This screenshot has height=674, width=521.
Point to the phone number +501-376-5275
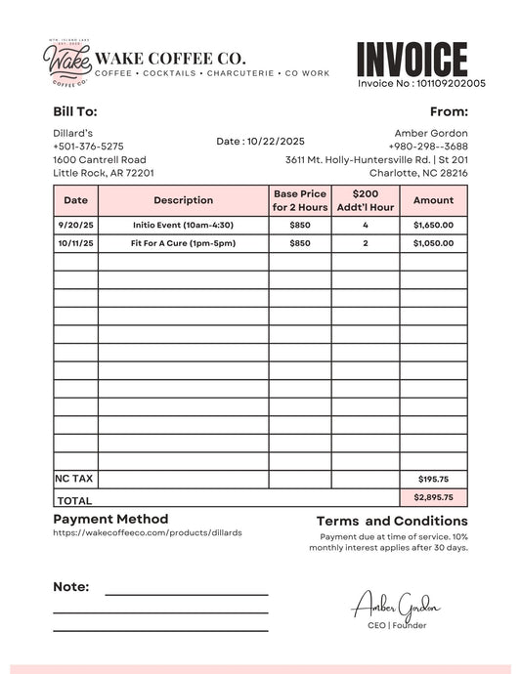tap(88, 147)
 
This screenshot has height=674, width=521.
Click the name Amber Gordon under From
tap(430, 133)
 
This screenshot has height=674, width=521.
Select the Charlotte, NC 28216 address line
tap(417, 173)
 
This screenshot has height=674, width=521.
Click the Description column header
tap(183, 200)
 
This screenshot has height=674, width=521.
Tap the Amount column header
tap(433, 200)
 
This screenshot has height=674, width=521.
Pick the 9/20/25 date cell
tap(75, 225)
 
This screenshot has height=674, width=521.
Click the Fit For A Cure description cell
tap(183, 243)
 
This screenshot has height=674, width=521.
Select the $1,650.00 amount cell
tap(433, 225)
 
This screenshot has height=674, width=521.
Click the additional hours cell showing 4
tap(365, 225)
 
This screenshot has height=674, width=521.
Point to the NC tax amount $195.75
tap(433, 480)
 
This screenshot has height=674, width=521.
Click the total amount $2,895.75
tap(433, 497)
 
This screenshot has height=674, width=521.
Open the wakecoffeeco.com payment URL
tap(147, 533)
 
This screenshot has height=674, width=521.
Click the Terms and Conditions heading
tap(392, 522)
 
